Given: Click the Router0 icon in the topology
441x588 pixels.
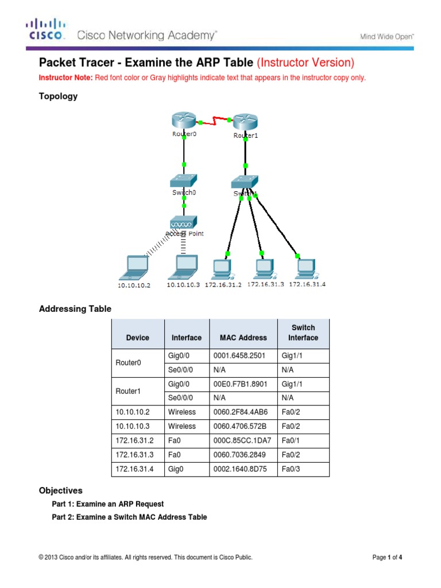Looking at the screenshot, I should point(183,121).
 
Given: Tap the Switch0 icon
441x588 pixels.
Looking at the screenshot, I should point(184,180).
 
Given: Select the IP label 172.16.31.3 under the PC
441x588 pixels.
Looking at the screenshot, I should point(265,284).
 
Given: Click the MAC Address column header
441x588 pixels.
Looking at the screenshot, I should point(243,338).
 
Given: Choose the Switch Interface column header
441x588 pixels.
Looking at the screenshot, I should point(303,333).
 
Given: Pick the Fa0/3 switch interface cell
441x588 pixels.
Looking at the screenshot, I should point(303,469).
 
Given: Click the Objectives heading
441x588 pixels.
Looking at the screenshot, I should point(60,491).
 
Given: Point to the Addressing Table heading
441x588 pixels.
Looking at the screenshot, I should point(75,309).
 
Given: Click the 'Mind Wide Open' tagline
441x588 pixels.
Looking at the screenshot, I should point(386,37).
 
